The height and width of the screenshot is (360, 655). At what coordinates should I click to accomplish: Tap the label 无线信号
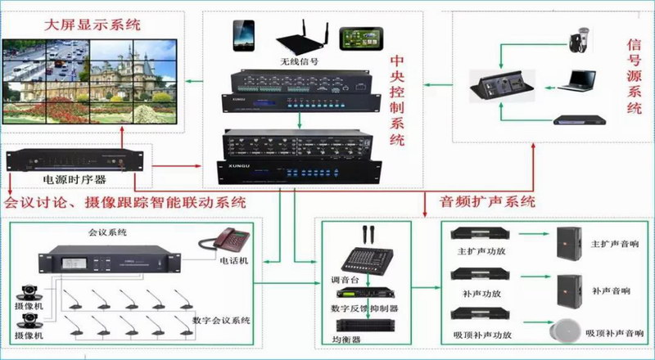coord(299,62)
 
